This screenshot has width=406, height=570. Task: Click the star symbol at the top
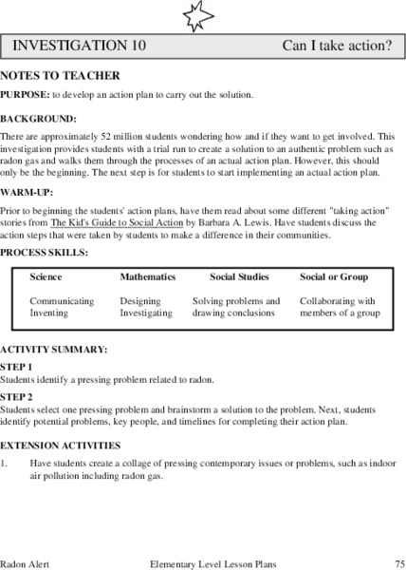(x=203, y=14)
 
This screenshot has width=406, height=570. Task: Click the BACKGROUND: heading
(x=38, y=119)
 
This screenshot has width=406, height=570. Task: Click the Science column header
(x=46, y=277)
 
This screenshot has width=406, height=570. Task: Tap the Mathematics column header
(x=147, y=277)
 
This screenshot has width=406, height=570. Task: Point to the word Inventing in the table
(x=48, y=313)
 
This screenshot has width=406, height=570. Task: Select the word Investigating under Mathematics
(x=146, y=313)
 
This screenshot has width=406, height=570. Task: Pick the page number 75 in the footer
(x=399, y=563)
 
